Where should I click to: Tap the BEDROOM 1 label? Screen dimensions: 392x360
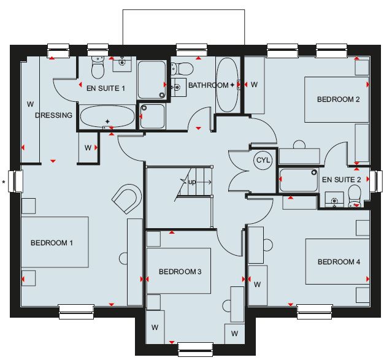pyautogui.click(x=52, y=243)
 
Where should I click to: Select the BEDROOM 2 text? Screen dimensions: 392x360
pyautogui.click(x=338, y=99)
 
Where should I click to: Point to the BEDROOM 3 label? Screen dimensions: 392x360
pyautogui.click(x=180, y=272)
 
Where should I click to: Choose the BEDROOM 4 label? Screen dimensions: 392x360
pyautogui.click(x=339, y=262)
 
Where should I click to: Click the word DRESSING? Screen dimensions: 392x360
pyautogui.click(x=53, y=115)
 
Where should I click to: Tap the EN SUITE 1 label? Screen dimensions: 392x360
pyautogui.click(x=106, y=88)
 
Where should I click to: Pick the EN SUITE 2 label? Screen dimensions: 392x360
pyautogui.click(x=341, y=180)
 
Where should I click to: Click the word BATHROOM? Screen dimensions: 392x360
pyautogui.click(x=208, y=85)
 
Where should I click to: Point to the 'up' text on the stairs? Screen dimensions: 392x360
pyautogui.click(x=192, y=182)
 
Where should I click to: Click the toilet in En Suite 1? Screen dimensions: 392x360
pyautogui.click(x=98, y=67)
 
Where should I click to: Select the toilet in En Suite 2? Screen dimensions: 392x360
pyautogui.click(x=355, y=196)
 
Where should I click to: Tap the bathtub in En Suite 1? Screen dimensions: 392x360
pyautogui.click(x=107, y=117)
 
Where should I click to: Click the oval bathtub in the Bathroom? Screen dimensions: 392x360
pyautogui.click(x=227, y=85)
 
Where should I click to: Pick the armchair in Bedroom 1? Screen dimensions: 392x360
pyautogui.click(x=126, y=199)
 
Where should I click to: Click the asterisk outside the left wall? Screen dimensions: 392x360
pyautogui.click(x=4, y=182)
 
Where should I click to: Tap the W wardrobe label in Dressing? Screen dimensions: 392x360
pyautogui.click(x=30, y=104)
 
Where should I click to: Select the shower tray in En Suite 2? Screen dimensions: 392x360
pyautogui.click(x=299, y=180)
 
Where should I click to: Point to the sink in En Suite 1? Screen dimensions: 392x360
pyautogui.click(x=122, y=64)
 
